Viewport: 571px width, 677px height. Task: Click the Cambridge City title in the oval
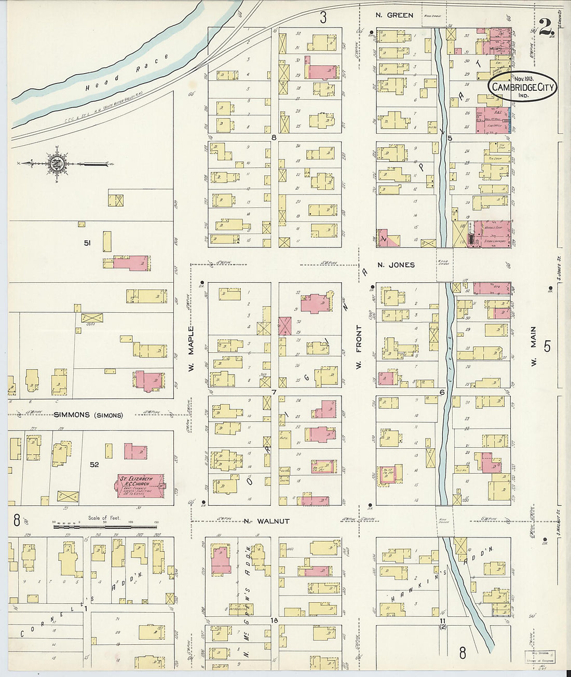522,87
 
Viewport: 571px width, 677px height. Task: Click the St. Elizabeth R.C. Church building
140,486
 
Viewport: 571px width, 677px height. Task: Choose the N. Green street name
395,15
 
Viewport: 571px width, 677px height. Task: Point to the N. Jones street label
396,265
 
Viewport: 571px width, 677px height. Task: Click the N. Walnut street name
266,521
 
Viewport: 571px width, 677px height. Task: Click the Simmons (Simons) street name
88,415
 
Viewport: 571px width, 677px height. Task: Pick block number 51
87,242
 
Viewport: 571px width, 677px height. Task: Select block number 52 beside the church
94,464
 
